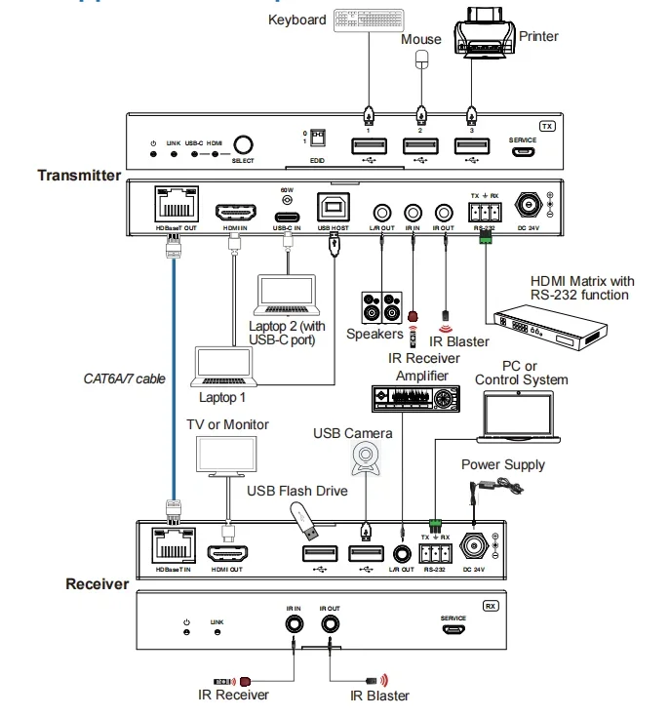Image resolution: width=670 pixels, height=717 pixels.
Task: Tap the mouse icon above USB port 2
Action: pos(420,60)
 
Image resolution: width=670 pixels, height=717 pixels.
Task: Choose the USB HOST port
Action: pos(333,209)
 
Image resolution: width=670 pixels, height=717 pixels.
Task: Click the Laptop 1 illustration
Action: pos(222,366)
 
